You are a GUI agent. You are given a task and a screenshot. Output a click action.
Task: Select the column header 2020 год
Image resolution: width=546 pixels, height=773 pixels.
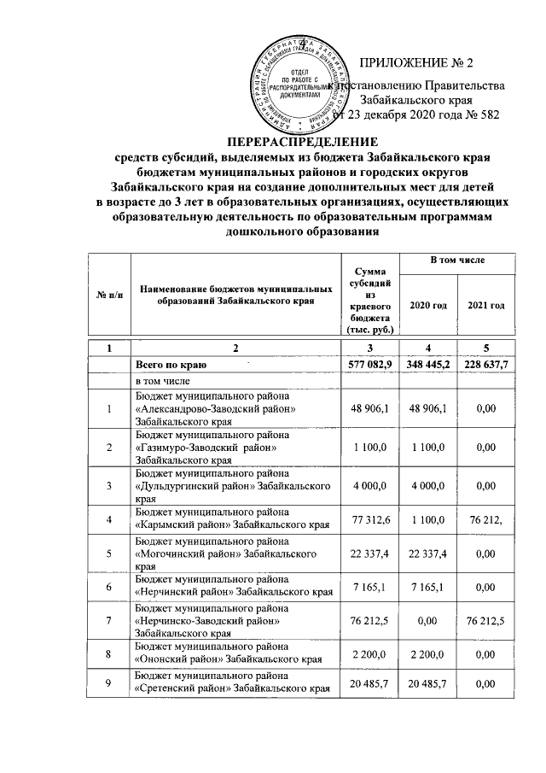427,306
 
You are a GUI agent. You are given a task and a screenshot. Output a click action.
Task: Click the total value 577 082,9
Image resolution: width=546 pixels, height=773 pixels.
369,365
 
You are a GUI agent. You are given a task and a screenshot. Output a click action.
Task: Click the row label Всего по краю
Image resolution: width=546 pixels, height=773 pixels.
168,365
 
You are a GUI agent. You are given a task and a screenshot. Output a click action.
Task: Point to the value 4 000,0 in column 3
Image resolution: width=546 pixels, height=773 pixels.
369,485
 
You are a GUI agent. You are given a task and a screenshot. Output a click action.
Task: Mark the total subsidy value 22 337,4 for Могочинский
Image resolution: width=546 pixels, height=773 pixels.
369,553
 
